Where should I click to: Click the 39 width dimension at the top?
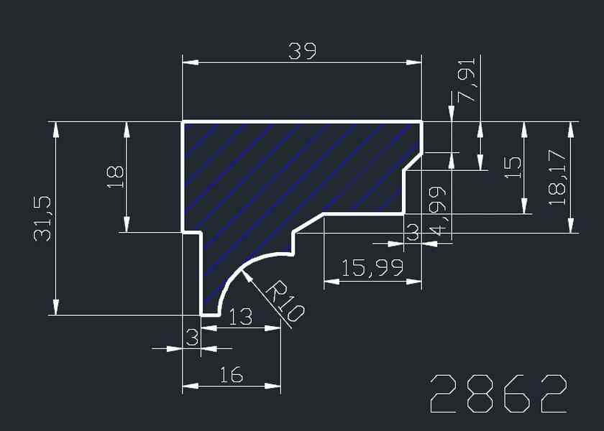click(x=302, y=51)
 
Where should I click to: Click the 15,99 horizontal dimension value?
click(x=372, y=269)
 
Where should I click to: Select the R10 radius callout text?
click(x=286, y=301)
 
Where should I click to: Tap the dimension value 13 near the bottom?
click(x=240, y=317)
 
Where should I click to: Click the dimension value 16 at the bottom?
click(x=231, y=374)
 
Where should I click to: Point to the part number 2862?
click(x=499, y=394)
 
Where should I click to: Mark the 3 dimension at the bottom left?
click(x=191, y=337)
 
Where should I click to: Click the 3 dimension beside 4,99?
click(x=412, y=232)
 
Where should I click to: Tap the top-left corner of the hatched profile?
click(x=183, y=122)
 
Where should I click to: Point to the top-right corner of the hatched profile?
click(x=421, y=122)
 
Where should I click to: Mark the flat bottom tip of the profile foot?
click(x=209, y=314)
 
